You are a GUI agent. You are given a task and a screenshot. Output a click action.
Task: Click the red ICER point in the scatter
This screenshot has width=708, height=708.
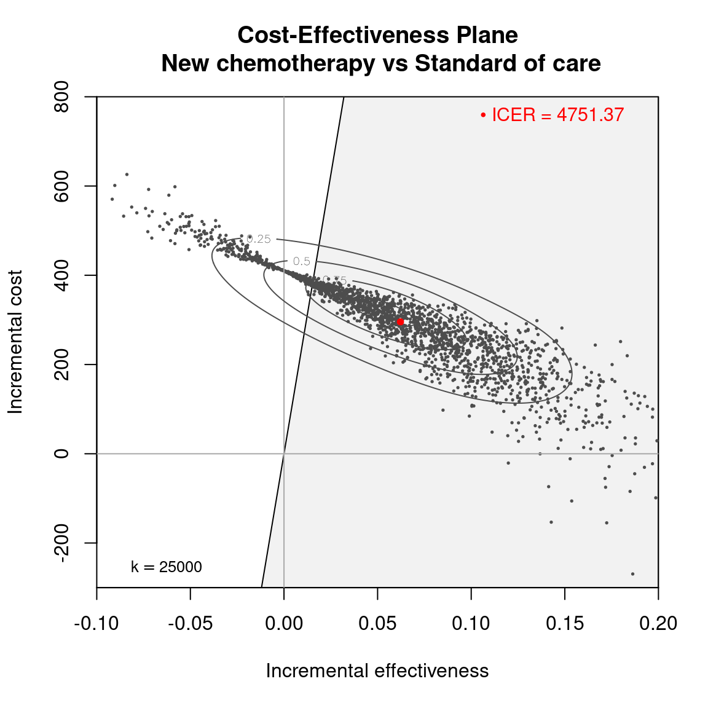400,321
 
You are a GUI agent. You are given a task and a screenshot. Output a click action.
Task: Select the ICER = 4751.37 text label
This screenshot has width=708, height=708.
557,115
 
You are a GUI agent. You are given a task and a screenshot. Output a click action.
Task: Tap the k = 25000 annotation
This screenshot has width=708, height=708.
167,567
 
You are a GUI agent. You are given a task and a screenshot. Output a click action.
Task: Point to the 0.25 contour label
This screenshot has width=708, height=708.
259,239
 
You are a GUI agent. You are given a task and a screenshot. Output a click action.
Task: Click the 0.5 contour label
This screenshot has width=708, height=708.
302,261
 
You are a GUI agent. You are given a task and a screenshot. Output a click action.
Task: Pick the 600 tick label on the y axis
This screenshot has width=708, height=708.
61,186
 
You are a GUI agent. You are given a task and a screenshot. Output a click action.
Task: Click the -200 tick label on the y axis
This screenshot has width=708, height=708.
61,543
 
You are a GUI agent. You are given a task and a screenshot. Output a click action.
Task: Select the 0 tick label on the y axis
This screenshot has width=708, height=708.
61,454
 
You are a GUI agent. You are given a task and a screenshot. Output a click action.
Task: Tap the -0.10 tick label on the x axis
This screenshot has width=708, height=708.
96,623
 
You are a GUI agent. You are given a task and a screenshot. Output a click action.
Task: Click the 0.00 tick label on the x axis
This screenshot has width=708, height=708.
284,623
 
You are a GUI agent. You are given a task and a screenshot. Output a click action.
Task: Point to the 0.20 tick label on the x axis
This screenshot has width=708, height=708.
658,623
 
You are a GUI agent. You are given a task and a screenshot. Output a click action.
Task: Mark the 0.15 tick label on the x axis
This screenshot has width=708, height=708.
565,623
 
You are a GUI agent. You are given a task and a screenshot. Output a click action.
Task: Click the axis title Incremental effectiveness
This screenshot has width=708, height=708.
377,671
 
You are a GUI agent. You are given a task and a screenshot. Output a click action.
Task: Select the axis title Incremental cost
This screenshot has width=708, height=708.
15,342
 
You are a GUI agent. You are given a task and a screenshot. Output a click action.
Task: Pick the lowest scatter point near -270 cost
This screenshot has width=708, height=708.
632,574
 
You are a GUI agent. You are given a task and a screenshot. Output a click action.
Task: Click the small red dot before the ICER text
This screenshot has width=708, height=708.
484,115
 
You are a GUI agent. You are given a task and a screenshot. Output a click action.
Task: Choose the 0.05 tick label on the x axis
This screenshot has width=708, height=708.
377,623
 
